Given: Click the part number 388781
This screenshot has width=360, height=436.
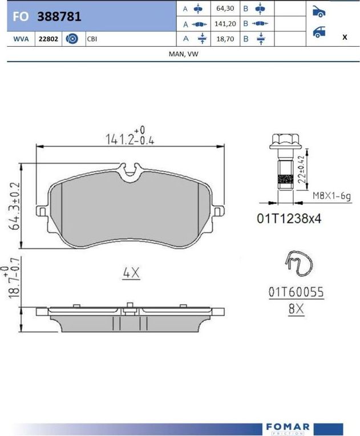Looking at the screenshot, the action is click(59, 17).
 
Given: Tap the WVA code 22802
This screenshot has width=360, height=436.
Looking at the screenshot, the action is click(48, 39).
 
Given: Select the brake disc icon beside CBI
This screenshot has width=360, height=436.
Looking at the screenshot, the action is click(72, 39).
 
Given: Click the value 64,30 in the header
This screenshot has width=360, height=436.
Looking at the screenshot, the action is click(225, 9).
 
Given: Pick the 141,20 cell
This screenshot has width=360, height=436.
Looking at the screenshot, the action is click(225, 23).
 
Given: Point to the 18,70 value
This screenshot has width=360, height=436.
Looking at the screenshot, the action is click(225, 39).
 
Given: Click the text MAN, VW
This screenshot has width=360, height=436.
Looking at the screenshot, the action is click(184, 54).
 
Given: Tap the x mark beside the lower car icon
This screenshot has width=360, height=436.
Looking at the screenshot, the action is click(345, 37).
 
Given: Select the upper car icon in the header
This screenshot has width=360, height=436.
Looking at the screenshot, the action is click(319, 11).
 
